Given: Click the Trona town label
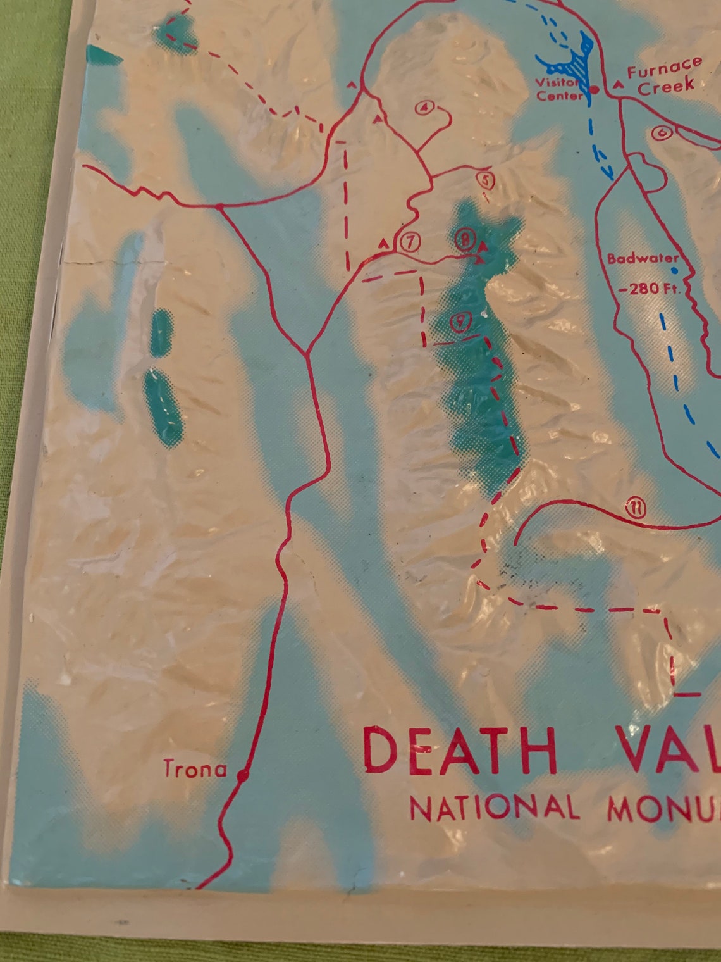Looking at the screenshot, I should coord(195,769).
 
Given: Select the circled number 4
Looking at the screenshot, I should coord(424,108).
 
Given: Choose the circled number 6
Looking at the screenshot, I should coord(661,133).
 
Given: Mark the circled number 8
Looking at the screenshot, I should coord(465,239).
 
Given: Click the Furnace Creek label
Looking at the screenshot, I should coord(665,74).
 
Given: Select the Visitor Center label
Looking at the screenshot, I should coord(558,89).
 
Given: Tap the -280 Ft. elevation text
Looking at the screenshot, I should coord(649,290).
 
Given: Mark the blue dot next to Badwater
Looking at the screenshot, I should coord(674,270).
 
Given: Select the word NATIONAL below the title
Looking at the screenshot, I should coord(494,808).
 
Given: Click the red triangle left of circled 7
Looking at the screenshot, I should coord(383,243).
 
